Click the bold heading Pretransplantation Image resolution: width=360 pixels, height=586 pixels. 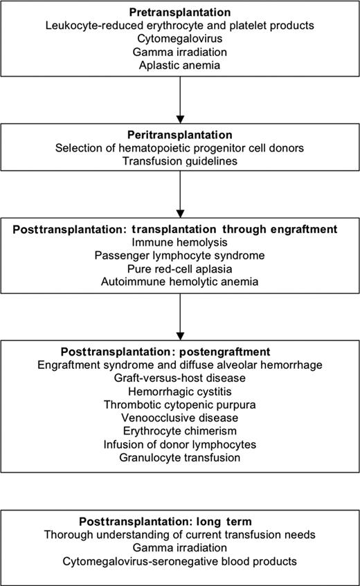pos(180,12)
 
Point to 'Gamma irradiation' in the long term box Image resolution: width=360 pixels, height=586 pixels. pos(180,547)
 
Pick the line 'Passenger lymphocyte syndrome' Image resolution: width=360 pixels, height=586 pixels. pos(180,255)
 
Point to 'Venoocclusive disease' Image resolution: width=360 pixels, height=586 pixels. pos(180,418)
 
